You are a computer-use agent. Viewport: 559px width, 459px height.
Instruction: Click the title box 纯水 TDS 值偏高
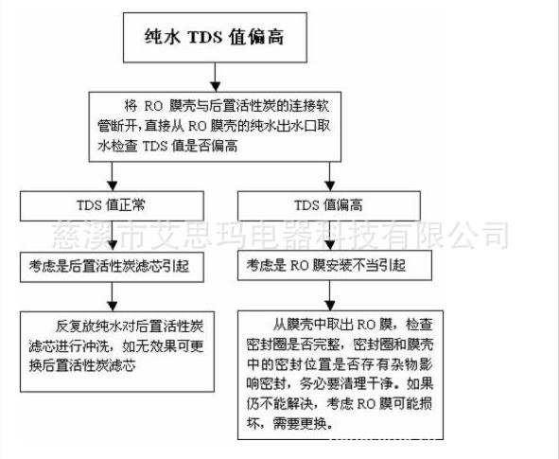click(x=215, y=38)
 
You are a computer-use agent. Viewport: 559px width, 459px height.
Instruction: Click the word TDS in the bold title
click(x=205, y=37)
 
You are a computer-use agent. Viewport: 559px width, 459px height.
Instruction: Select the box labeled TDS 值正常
click(x=112, y=205)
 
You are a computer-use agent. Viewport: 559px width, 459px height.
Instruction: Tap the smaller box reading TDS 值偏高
click(x=329, y=205)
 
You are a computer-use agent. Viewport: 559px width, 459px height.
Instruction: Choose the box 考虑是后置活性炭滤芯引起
click(x=112, y=267)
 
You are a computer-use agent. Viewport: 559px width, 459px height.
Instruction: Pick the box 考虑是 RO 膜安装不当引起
click(x=335, y=265)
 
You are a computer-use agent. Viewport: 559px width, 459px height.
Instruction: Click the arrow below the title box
click(x=215, y=77)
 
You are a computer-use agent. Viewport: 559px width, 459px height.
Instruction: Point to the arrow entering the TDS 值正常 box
click(x=113, y=177)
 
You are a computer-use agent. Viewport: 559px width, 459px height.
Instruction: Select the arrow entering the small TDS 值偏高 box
click(x=330, y=177)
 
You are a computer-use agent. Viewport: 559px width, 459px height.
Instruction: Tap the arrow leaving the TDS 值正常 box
click(x=113, y=237)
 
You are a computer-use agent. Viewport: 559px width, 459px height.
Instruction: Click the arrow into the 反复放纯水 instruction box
click(x=113, y=297)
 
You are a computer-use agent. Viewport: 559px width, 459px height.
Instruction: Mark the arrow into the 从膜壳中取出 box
click(x=330, y=295)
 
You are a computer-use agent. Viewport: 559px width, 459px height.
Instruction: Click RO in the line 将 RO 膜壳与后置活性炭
click(x=153, y=106)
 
